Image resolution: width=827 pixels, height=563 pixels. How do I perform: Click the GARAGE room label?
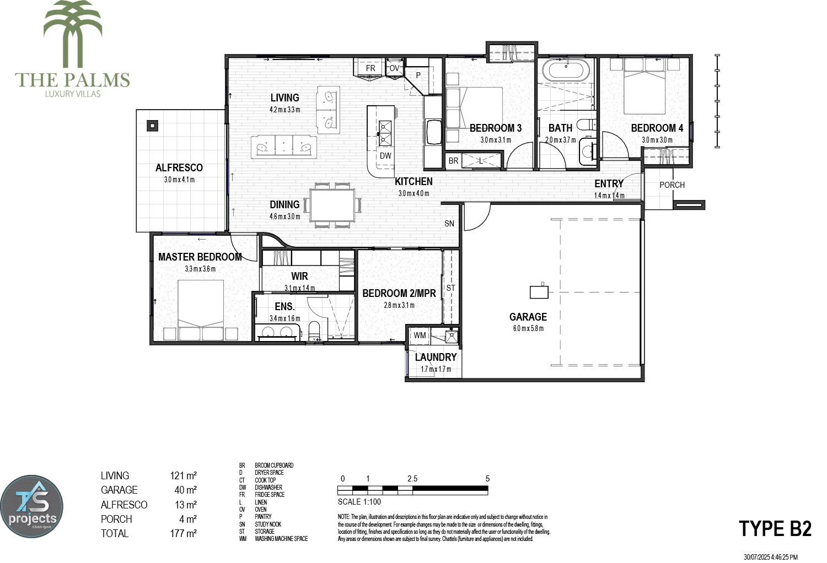[528, 317]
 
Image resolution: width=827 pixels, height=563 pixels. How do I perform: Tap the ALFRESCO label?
[179, 167]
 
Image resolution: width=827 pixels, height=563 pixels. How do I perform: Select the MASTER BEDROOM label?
[200, 257]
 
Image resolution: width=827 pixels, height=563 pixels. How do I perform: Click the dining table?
[332, 205]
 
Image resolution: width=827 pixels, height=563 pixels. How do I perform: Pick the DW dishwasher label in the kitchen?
[385, 156]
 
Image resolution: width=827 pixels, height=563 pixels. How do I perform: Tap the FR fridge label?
[370, 68]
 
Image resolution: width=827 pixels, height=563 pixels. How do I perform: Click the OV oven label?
[394, 68]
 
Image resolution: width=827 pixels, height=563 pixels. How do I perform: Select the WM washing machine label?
[420, 335]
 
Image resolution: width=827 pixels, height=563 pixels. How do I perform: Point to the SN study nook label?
[449, 223]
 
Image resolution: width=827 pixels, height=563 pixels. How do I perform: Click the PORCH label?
[672, 185]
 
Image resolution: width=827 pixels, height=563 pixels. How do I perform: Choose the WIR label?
[299, 276]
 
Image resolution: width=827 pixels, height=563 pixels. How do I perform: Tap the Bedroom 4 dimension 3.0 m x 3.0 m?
[657, 140]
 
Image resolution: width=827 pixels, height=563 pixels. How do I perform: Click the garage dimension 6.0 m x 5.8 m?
[528, 329]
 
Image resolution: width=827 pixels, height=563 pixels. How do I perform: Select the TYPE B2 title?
[775, 528]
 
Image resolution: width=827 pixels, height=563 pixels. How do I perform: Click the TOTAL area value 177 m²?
[184, 533]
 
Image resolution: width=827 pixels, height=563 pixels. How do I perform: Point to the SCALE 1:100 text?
[359, 502]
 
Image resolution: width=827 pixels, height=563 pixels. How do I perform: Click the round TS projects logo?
[31, 507]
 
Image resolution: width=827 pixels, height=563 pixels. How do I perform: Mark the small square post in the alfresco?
[152, 125]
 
